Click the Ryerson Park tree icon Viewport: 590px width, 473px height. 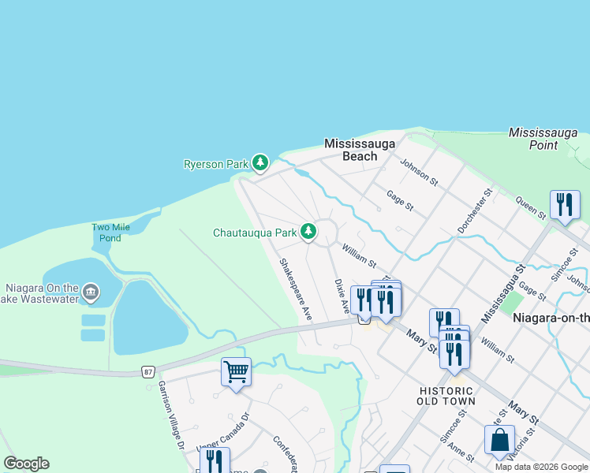tap(260, 163)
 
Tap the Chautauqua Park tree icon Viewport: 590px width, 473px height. tap(309, 232)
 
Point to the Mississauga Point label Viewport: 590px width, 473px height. tap(544, 139)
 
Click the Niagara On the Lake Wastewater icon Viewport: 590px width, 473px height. tap(91, 293)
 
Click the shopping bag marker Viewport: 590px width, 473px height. tap(499, 440)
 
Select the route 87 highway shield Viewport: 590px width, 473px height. tap(148, 371)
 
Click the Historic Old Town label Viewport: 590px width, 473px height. tap(446, 396)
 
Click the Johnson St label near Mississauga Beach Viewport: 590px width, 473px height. tap(419, 171)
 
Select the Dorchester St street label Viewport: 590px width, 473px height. tap(475, 210)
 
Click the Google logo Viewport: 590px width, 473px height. tap(26, 463)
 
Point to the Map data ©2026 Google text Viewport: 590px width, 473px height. tap(540, 467)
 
